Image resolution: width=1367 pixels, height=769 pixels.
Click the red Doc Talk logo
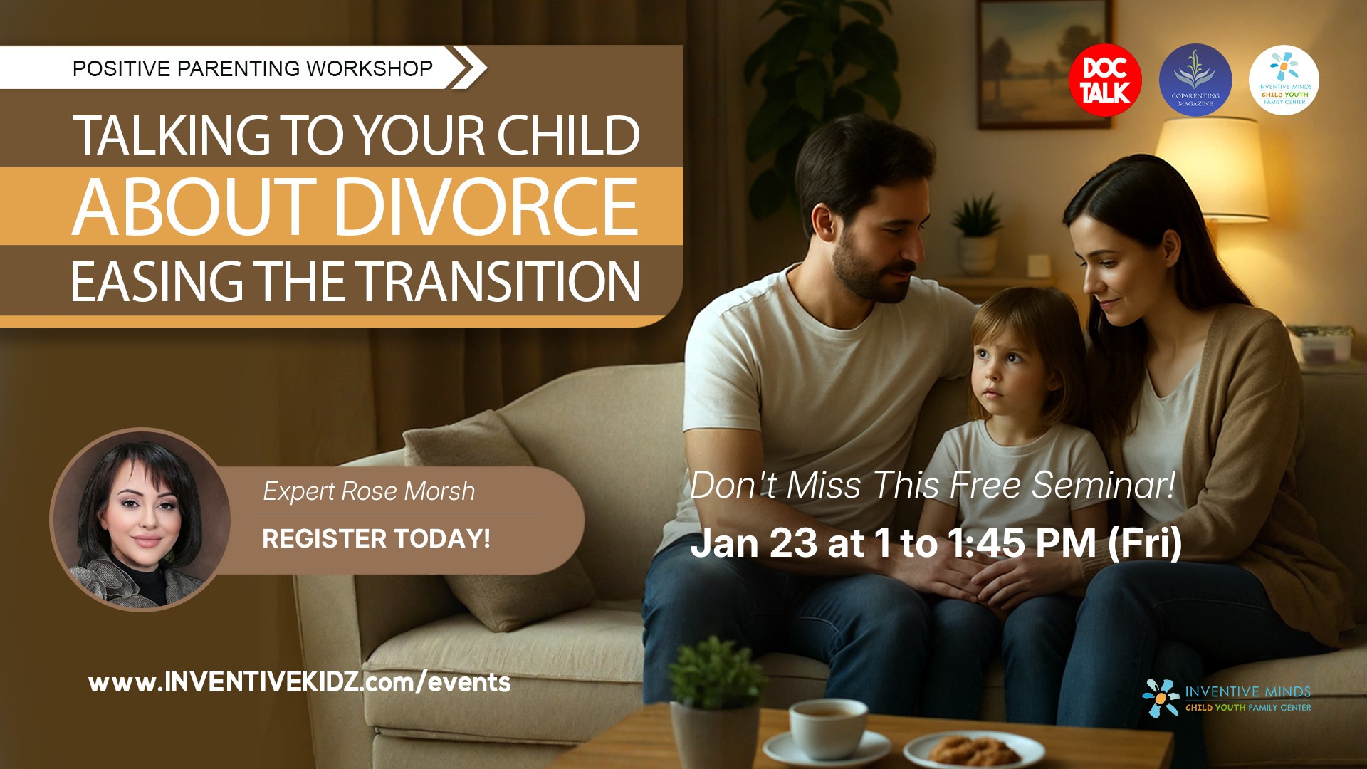[1105, 80]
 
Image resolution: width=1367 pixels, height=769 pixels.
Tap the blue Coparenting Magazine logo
[1195, 80]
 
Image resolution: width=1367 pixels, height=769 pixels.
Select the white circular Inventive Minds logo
[1284, 80]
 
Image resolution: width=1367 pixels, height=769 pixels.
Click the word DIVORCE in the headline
[486, 207]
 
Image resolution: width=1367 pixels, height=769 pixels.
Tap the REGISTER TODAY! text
[376, 539]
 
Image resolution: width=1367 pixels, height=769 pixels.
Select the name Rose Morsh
[408, 491]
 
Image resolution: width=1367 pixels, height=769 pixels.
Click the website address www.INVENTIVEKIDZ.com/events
[299, 682]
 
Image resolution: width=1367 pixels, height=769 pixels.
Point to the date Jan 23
[754, 543]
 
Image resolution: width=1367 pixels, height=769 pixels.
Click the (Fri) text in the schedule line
[1144, 543]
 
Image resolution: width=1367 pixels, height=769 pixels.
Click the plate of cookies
[973, 749]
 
